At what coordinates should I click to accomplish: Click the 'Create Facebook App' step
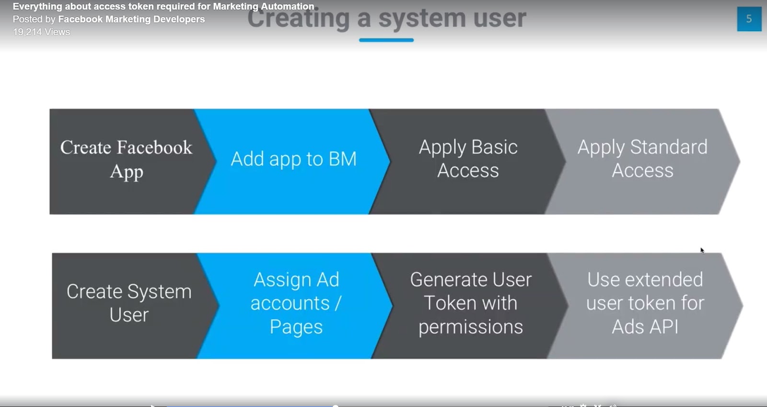click(126, 160)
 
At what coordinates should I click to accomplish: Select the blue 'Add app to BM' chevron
click(293, 160)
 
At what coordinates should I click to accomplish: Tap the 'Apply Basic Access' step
click(468, 160)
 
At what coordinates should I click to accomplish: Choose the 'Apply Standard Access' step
click(642, 160)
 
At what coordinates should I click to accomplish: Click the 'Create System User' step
click(128, 303)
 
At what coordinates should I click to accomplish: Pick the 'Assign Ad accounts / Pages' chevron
click(295, 303)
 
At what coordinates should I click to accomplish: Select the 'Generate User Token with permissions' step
click(470, 303)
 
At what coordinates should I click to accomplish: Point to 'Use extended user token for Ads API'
click(645, 303)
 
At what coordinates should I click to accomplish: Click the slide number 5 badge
click(749, 19)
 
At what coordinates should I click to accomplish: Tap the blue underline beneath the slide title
click(386, 40)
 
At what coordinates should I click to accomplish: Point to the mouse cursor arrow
click(702, 250)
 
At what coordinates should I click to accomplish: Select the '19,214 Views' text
click(41, 32)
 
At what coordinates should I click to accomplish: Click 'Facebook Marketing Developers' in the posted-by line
click(131, 19)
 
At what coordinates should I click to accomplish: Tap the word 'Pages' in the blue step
click(296, 327)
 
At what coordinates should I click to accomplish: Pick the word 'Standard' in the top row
click(669, 147)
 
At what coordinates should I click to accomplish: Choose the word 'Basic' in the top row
click(494, 147)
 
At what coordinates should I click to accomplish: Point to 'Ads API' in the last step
click(645, 327)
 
